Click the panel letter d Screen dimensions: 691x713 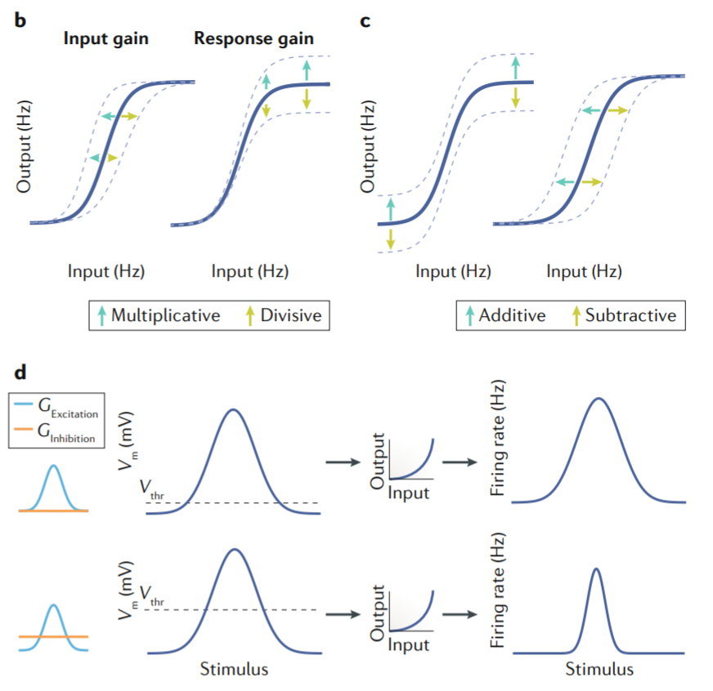pos(21,372)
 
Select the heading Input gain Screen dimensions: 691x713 pos(106,39)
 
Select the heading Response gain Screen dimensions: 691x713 pos(253,39)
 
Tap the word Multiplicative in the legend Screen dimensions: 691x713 pos(166,315)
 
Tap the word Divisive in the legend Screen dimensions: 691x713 pos(290,315)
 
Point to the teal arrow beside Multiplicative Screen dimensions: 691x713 pos(101,315)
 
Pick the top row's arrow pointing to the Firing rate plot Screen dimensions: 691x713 pos(464,463)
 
